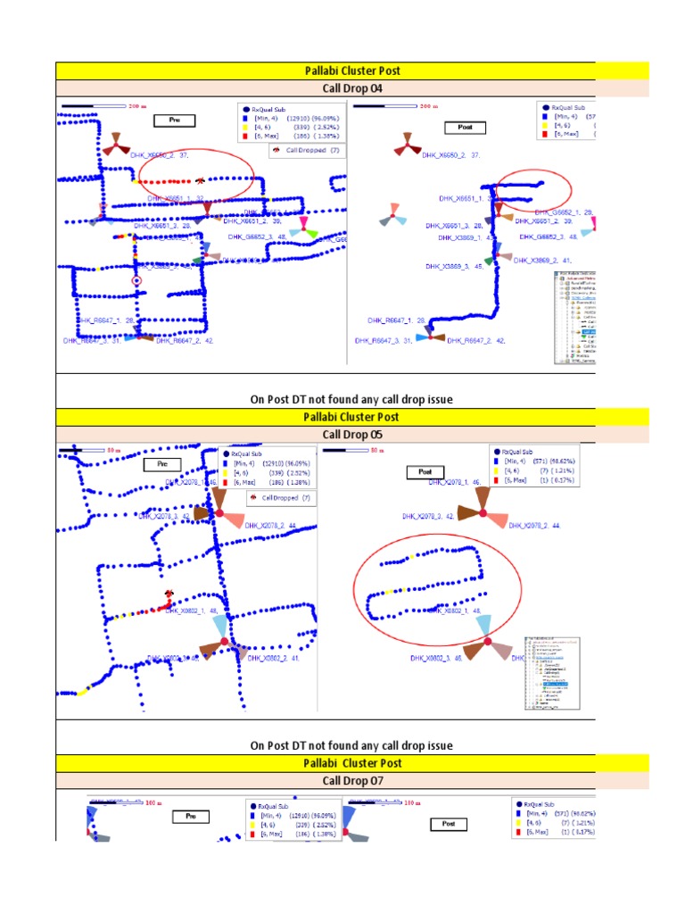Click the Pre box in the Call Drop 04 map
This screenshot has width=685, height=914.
[x=175, y=120]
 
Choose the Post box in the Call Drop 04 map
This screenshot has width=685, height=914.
[x=466, y=127]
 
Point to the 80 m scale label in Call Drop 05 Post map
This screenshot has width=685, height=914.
[x=376, y=452]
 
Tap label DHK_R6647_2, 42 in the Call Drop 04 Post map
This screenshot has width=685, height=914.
[x=475, y=340]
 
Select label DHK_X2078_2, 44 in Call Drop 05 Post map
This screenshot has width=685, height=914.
[x=534, y=526]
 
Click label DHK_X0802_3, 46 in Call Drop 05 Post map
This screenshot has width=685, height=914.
[x=435, y=658]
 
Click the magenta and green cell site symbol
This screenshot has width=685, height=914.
[x=304, y=227]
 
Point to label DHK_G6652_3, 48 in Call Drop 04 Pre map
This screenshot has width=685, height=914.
[x=257, y=237]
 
